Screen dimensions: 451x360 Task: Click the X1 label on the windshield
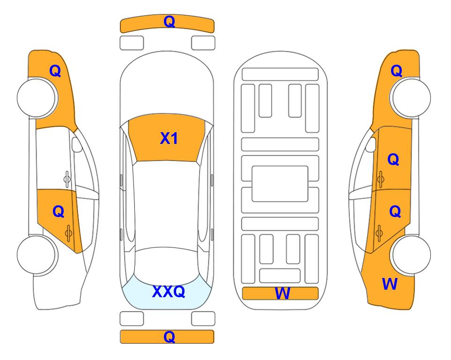tap(169, 139)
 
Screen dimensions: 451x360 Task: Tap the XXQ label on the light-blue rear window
tap(169, 292)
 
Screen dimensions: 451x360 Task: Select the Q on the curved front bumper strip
tap(169, 22)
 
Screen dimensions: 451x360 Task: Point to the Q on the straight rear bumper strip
tap(169, 337)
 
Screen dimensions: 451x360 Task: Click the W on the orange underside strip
tap(282, 293)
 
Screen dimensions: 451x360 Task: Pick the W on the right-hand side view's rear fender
tap(390, 284)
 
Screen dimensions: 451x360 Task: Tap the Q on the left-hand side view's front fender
tap(55, 71)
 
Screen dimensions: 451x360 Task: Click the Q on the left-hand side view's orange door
tap(59, 212)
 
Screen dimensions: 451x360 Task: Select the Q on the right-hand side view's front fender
tap(396, 71)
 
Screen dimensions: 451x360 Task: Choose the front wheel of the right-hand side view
tap(410, 98)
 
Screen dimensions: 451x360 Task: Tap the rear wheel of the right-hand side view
tap(410, 255)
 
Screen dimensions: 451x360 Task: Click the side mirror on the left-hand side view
tap(77, 144)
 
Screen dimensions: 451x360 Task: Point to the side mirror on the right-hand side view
tap(370, 144)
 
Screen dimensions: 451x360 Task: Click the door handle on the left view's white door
tap(67, 179)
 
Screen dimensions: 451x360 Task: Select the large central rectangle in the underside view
tap(280, 184)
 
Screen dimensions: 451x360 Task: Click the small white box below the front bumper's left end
tap(132, 43)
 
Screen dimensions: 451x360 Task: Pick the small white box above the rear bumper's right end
tap(203, 319)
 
